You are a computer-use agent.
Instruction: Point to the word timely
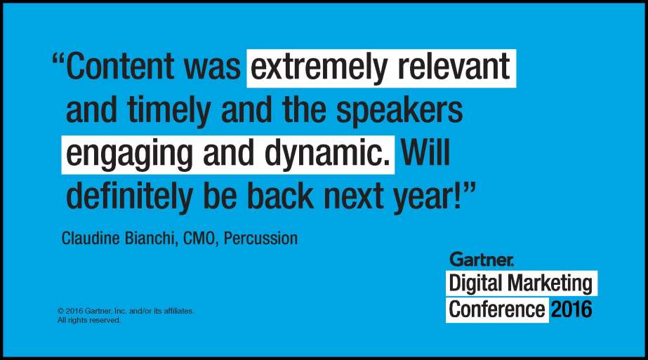coord(168,112)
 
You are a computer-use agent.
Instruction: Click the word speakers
coord(399,112)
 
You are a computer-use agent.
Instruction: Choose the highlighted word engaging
coord(129,154)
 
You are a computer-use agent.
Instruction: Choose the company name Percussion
coord(260,239)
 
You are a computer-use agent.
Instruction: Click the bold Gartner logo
coord(482,259)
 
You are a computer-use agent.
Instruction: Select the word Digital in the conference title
coord(476,284)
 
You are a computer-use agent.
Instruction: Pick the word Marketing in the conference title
coord(550,284)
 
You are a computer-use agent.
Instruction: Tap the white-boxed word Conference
coord(497,309)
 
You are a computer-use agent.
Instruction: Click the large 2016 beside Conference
coord(571,309)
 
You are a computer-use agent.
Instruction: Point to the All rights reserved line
coord(89,320)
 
